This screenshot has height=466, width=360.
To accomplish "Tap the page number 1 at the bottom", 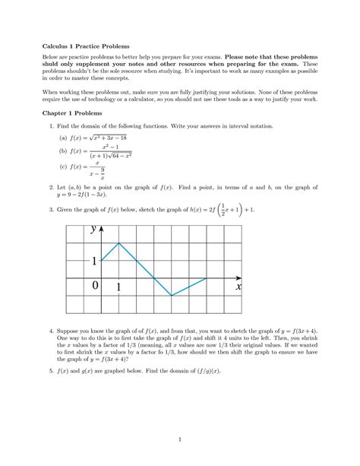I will pyautogui.click(x=179, y=439).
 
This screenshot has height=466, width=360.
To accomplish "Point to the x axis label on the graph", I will pyautogui.click(x=238, y=287).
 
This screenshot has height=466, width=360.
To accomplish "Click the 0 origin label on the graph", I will pyautogui.click(x=94, y=287).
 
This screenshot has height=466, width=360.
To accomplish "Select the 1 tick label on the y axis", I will pyautogui.click(x=94, y=262).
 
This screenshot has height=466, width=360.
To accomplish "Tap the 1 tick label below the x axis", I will pyautogui.click(x=119, y=287).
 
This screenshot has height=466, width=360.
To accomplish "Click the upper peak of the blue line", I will pyautogui.click(x=119, y=243).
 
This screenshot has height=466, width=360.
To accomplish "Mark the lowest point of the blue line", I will pyautogui.click(x=171, y=295).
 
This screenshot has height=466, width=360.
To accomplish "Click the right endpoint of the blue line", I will pyautogui.click(x=205, y=278).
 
